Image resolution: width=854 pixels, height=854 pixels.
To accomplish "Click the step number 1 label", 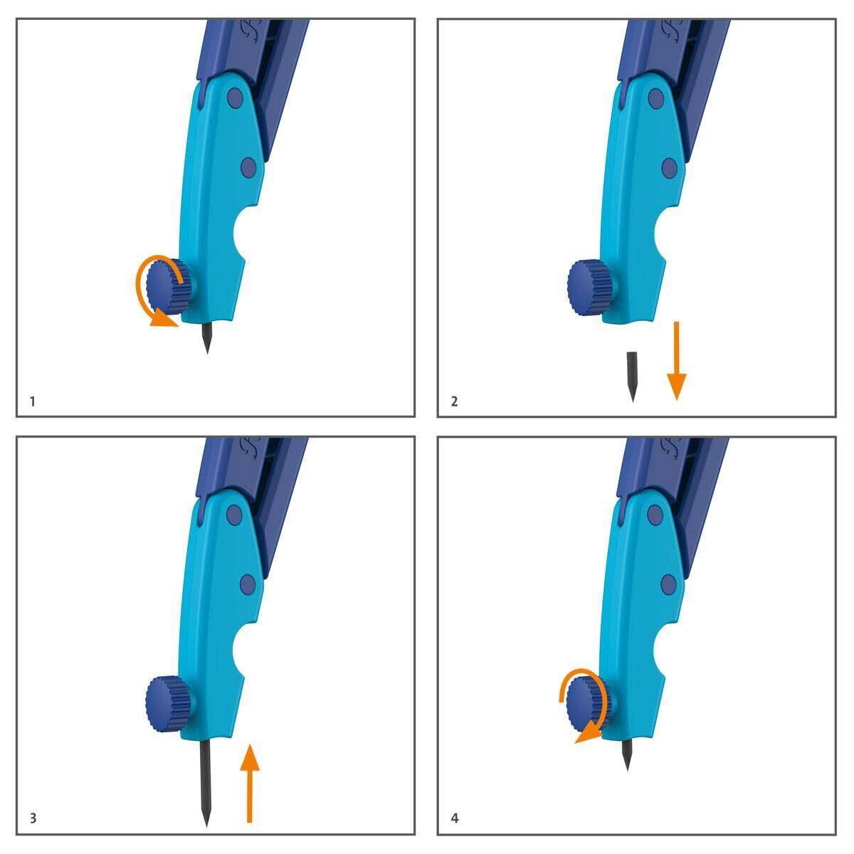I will pyautogui.click(x=33, y=401).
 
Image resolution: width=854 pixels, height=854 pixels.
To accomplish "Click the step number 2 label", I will pyautogui.click(x=455, y=401).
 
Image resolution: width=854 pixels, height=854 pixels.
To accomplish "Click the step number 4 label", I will pyautogui.click(x=455, y=818).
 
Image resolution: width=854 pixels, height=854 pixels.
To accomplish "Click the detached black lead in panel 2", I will pyautogui.click(x=631, y=373).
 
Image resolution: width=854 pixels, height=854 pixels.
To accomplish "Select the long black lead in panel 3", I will pyautogui.click(x=205, y=779).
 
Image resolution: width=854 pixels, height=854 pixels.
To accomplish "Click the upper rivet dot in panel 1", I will pyautogui.click(x=234, y=97).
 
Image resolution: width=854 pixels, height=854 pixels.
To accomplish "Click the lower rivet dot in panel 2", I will pyautogui.click(x=669, y=168).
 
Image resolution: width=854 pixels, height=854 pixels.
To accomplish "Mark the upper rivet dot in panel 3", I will pyautogui.click(x=234, y=515).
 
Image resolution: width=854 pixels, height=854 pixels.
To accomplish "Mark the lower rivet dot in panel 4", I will pyautogui.click(x=668, y=585).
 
